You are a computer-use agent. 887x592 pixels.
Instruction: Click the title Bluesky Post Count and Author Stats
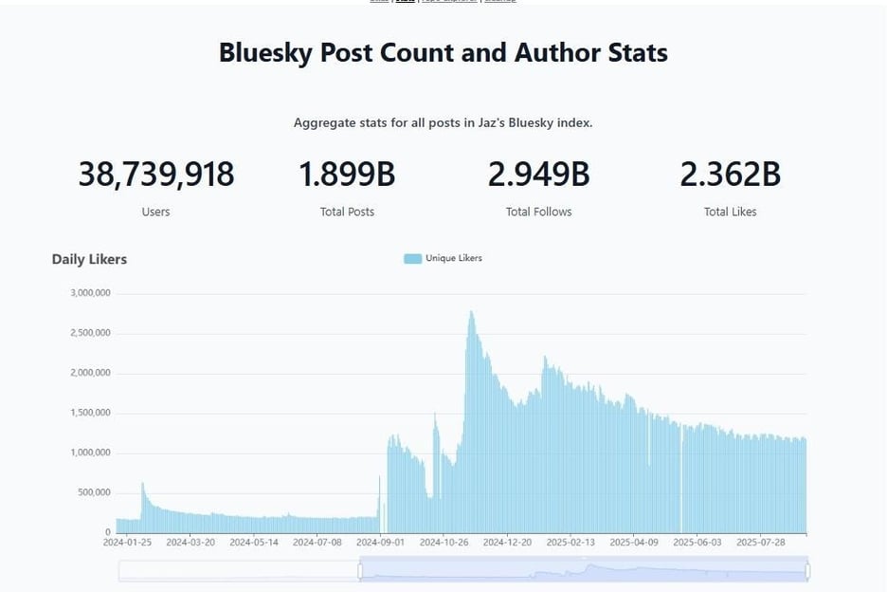pyautogui.click(x=443, y=52)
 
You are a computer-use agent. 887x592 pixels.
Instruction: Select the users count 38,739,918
pyautogui.click(x=155, y=175)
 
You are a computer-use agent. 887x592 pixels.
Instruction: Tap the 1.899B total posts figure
pyautogui.click(x=347, y=175)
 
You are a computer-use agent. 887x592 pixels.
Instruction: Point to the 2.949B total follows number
pyautogui.click(x=538, y=175)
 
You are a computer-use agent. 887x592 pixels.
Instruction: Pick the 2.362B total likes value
pyautogui.click(x=730, y=175)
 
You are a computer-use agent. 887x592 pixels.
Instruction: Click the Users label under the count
pyautogui.click(x=155, y=212)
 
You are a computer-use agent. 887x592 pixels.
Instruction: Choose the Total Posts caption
pyautogui.click(x=347, y=212)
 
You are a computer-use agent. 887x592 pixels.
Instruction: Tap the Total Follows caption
pyautogui.click(x=538, y=212)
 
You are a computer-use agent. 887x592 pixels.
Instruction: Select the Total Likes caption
pyautogui.click(x=730, y=212)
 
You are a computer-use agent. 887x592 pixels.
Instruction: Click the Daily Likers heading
pyautogui.click(x=89, y=259)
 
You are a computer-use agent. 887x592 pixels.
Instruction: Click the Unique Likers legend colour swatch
pyautogui.click(x=412, y=258)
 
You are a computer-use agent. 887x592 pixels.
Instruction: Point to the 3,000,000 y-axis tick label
pyautogui.click(x=91, y=293)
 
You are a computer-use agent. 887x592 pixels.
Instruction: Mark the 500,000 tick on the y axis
pyautogui.click(x=91, y=492)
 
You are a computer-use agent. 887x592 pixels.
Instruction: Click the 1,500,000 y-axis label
pyautogui.click(x=91, y=413)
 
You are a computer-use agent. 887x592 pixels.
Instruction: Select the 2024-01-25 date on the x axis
pyautogui.click(x=127, y=543)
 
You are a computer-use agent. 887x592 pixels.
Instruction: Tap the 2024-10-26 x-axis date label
pyautogui.click(x=445, y=543)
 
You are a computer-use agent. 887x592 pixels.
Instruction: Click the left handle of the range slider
pyautogui.click(x=360, y=570)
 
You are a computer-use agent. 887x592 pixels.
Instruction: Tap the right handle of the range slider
pyautogui.click(x=807, y=570)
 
